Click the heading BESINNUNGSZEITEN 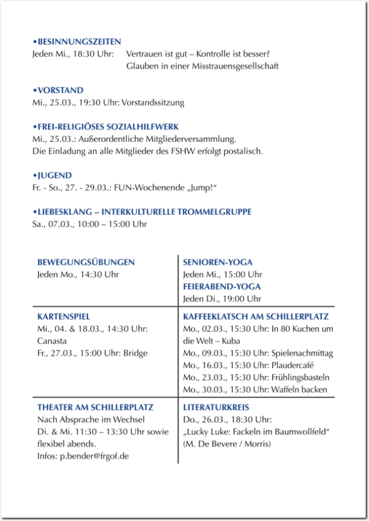click(x=78, y=42)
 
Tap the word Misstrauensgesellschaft click(x=236, y=66)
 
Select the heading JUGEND click(x=54, y=176)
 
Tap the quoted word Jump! click(x=200, y=188)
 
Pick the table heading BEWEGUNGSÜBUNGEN click(x=86, y=262)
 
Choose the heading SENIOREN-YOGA click(x=217, y=262)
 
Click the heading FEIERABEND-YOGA click(x=222, y=286)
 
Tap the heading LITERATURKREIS click(x=215, y=407)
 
